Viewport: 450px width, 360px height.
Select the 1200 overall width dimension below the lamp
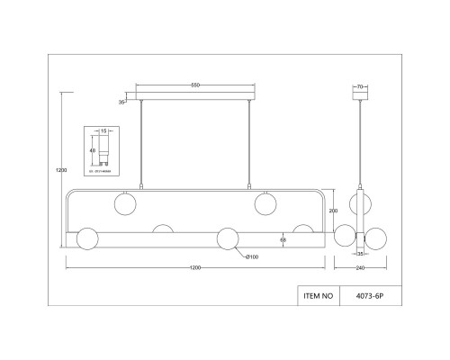tap(195, 267)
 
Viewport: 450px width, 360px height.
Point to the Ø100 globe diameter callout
tap(253, 258)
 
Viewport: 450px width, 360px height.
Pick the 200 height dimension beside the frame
tap(334, 210)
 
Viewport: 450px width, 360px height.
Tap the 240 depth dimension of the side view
tap(361, 267)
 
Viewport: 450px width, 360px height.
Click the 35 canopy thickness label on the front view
tap(122, 102)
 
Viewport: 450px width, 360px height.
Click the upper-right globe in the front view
tap(264, 202)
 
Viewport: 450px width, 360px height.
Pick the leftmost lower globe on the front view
tap(87, 238)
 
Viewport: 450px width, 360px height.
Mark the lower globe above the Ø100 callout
tap(228, 238)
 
